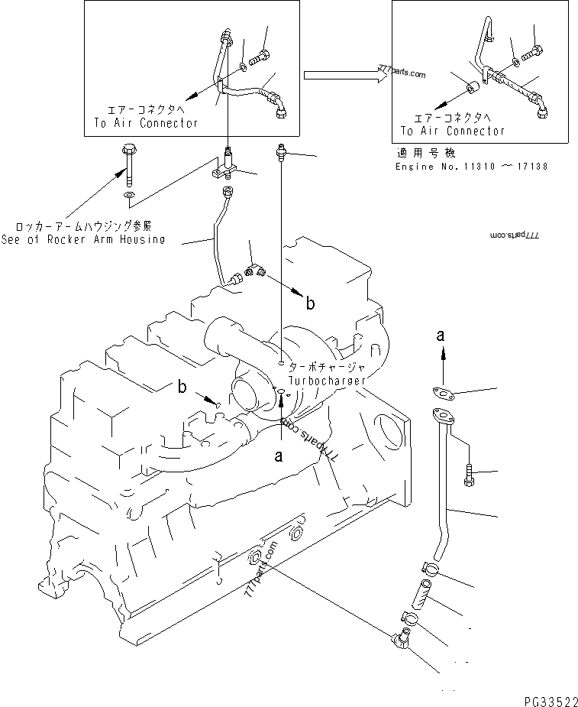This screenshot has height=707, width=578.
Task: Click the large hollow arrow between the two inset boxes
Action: (x=341, y=75)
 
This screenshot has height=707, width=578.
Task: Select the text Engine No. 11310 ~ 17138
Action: (x=471, y=166)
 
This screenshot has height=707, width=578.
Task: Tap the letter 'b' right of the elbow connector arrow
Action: (x=309, y=303)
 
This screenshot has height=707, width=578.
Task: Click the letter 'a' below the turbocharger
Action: (x=279, y=456)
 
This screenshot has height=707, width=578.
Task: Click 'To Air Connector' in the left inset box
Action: (x=146, y=122)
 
